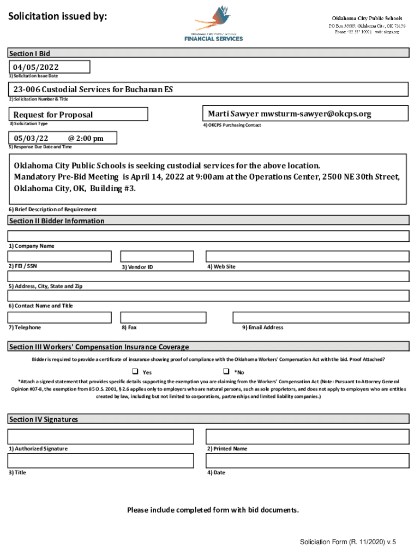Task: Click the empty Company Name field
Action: pos(208,236)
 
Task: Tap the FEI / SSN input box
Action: pos(59,257)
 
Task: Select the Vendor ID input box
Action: pos(157,257)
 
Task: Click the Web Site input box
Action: pos(307,257)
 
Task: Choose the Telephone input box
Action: pos(59,318)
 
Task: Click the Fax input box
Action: pos(157,318)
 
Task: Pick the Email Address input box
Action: pos(321,318)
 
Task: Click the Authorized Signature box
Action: pos(100,437)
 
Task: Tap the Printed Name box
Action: pos(307,437)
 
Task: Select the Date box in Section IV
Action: pos(307,461)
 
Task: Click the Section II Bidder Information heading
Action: pos(57,221)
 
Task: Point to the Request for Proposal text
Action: pos(53,115)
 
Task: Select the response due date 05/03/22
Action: pos(31,138)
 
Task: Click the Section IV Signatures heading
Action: pos(44,419)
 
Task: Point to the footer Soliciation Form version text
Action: pos(347,542)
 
